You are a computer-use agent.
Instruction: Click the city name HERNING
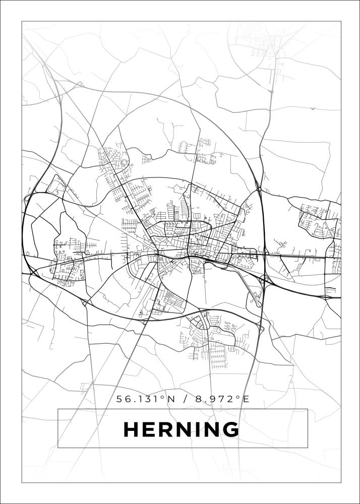[182, 429]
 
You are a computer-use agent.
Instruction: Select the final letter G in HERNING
[229, 429]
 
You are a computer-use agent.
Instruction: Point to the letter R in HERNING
[167, 429]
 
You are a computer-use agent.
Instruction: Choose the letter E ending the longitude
[246, 399]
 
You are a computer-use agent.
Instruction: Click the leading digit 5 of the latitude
[119, 399]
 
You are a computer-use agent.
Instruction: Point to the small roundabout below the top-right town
[271, 92]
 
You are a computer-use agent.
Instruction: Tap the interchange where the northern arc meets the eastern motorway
[259, 189]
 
